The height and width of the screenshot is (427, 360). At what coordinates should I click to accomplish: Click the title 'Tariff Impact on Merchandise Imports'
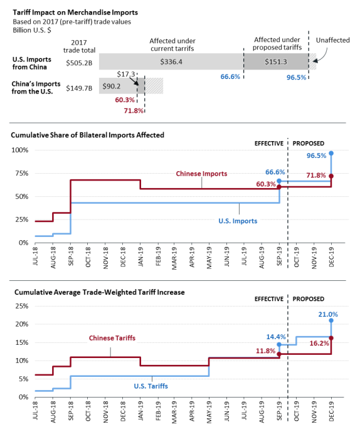tap(75, 13)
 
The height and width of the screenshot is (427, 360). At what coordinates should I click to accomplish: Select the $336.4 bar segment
tap(171, 61)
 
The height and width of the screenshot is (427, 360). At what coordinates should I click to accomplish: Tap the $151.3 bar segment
tap(276, 61)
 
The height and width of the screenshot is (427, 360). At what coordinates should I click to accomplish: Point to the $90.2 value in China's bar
tap(112, 87)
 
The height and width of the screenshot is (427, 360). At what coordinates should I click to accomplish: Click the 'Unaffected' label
tap(333, 40)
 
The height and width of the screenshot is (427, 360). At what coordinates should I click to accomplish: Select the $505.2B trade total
tap(79, 63)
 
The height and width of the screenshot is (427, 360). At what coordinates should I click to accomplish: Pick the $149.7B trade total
tap(79, 88)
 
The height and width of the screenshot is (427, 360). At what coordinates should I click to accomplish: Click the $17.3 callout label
tap(126, 74)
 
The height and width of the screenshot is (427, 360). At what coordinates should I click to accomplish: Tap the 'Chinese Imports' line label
tap(201, 174)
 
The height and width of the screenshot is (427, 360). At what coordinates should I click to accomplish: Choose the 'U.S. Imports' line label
tap(238, 221)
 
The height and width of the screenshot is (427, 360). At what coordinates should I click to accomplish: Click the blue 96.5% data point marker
tap(331, 154)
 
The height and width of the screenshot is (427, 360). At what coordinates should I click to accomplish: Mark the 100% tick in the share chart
tap(20, 150)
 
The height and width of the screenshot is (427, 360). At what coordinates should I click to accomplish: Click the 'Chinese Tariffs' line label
tap(112, 338)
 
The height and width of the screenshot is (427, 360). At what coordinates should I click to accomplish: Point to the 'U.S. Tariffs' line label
tap(151, 386)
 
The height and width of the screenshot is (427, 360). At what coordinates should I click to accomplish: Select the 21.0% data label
tap(328, 315)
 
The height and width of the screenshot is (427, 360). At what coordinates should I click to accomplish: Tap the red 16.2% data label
tap(319, 343)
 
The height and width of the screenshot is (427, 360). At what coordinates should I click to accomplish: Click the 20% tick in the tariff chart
tap(22, 324)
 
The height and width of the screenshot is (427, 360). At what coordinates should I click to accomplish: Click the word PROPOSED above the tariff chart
tap(309, 299)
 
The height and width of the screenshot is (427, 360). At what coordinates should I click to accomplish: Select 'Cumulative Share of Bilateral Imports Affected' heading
tap(87, 135)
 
